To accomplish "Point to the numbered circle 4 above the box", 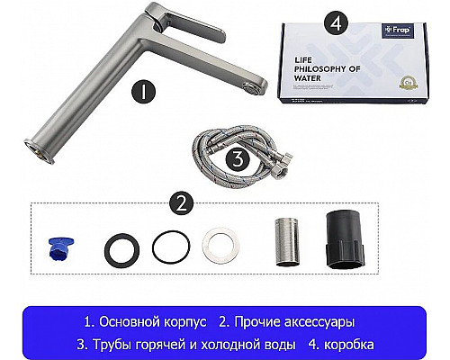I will [335, 19].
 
